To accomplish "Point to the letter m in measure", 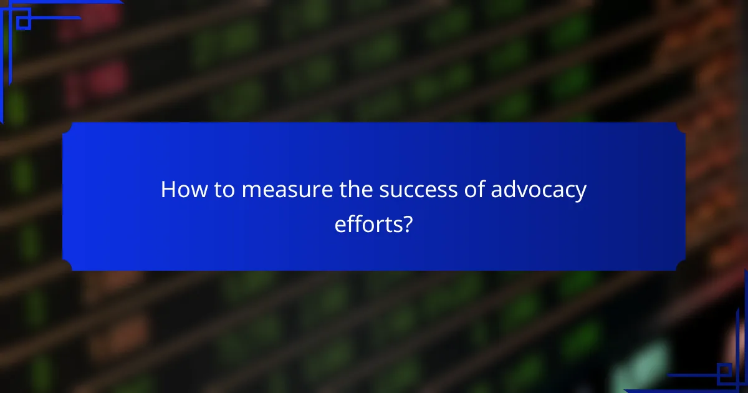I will click(x=251, y=192).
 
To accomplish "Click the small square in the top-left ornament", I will click(x=23, y=22).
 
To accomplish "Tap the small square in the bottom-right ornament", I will click(x=724, y=372).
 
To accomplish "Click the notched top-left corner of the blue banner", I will click(x=67, y=127).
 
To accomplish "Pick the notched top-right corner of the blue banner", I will click(x=681, y=127).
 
